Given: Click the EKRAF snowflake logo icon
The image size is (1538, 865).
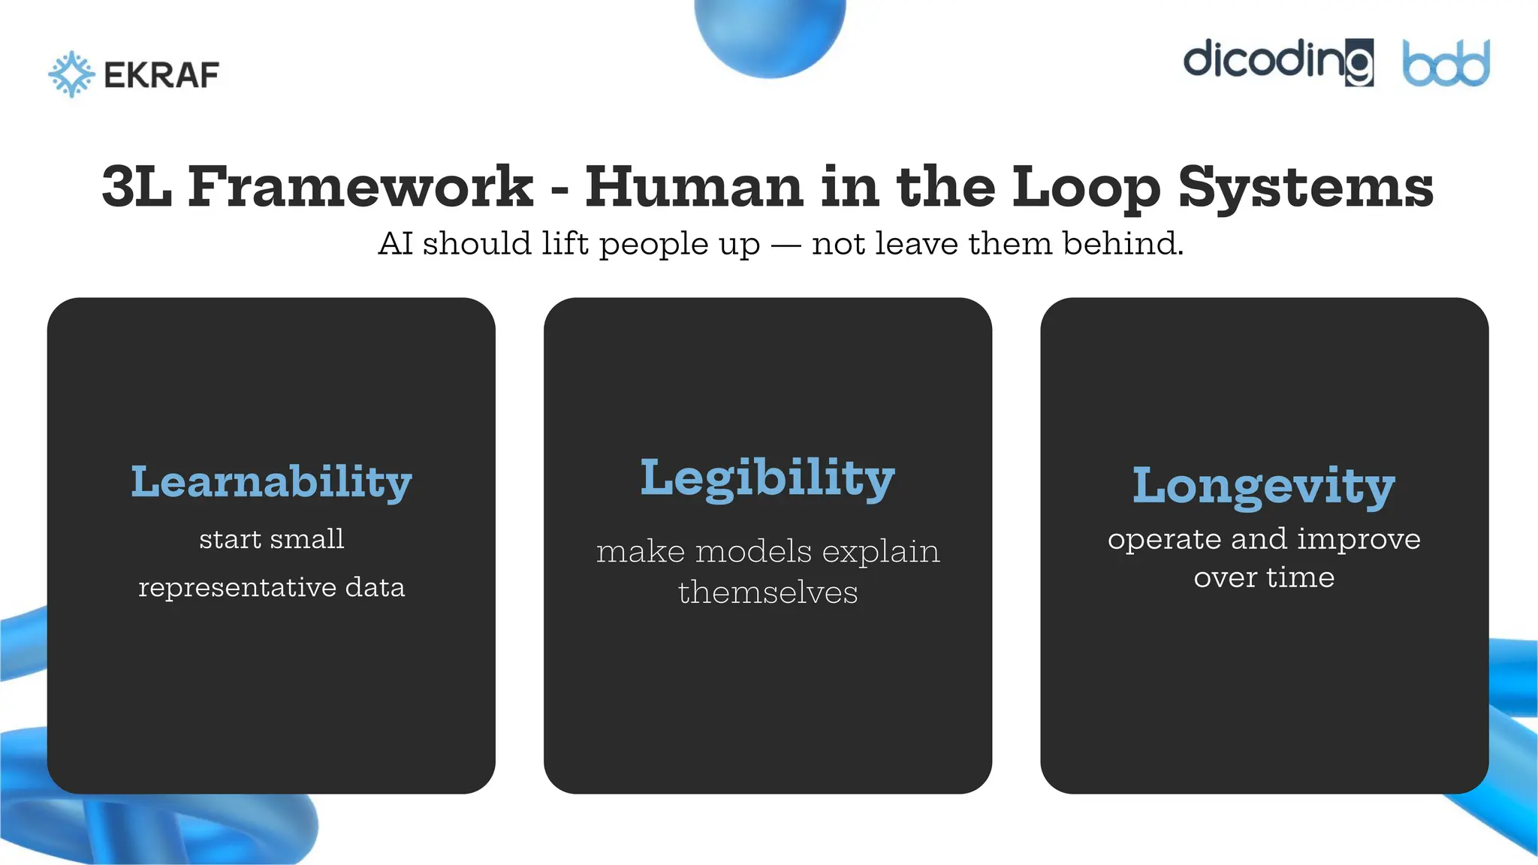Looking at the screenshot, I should point(71,74).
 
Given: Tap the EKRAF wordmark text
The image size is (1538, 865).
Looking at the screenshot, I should point(161,75).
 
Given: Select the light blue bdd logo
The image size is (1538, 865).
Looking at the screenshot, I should point(1446,64).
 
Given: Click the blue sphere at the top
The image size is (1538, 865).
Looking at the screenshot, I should point(770,34).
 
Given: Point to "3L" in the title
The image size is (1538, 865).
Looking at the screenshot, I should point(136,187).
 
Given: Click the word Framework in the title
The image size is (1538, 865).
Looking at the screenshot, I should point(360,187).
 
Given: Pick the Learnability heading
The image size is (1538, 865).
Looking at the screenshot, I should point(271,482).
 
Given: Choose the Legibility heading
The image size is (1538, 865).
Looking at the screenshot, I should point(767,479).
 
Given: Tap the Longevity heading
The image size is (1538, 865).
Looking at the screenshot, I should point(1264,487).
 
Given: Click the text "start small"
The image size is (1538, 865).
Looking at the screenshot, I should point(271,539).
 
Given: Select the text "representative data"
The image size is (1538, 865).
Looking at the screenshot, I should point(271,587).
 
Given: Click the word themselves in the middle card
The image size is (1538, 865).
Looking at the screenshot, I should point(767,592).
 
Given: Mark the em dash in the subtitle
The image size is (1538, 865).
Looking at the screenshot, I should point(786,245).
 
